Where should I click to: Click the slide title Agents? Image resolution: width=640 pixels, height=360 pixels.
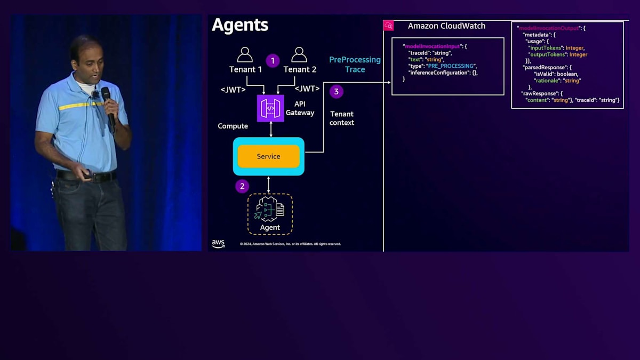coord(240,25)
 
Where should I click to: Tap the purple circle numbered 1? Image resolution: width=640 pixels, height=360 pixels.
coord(273,61)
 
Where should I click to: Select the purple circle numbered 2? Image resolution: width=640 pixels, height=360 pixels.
coord(242,186)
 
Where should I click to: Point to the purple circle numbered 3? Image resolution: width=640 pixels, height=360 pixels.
coord(336,92)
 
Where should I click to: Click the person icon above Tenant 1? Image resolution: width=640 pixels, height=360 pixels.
coord(245,55)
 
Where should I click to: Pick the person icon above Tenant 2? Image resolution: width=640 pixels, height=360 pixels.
coord(299,55)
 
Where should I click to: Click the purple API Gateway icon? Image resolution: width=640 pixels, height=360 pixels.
coord(270,108)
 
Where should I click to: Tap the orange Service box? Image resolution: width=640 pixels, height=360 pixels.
coord(268,156)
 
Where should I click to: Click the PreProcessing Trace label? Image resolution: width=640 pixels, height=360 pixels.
coord(355,65)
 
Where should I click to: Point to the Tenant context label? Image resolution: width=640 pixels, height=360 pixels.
coord(342,118)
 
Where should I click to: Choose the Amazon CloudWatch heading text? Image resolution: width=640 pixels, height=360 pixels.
coord(446,26)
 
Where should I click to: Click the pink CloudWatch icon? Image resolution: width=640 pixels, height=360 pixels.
coord(388,26)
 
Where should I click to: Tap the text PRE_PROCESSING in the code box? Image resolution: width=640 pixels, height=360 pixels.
coord(450,66)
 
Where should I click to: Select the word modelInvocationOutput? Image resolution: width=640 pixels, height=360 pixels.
coord(549,28)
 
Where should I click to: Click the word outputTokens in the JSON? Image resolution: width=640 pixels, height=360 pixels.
coord(546,54)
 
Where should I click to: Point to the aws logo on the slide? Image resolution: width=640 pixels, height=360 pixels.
coord(218,244)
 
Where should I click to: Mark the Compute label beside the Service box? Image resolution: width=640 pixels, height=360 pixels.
coord(233,126)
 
